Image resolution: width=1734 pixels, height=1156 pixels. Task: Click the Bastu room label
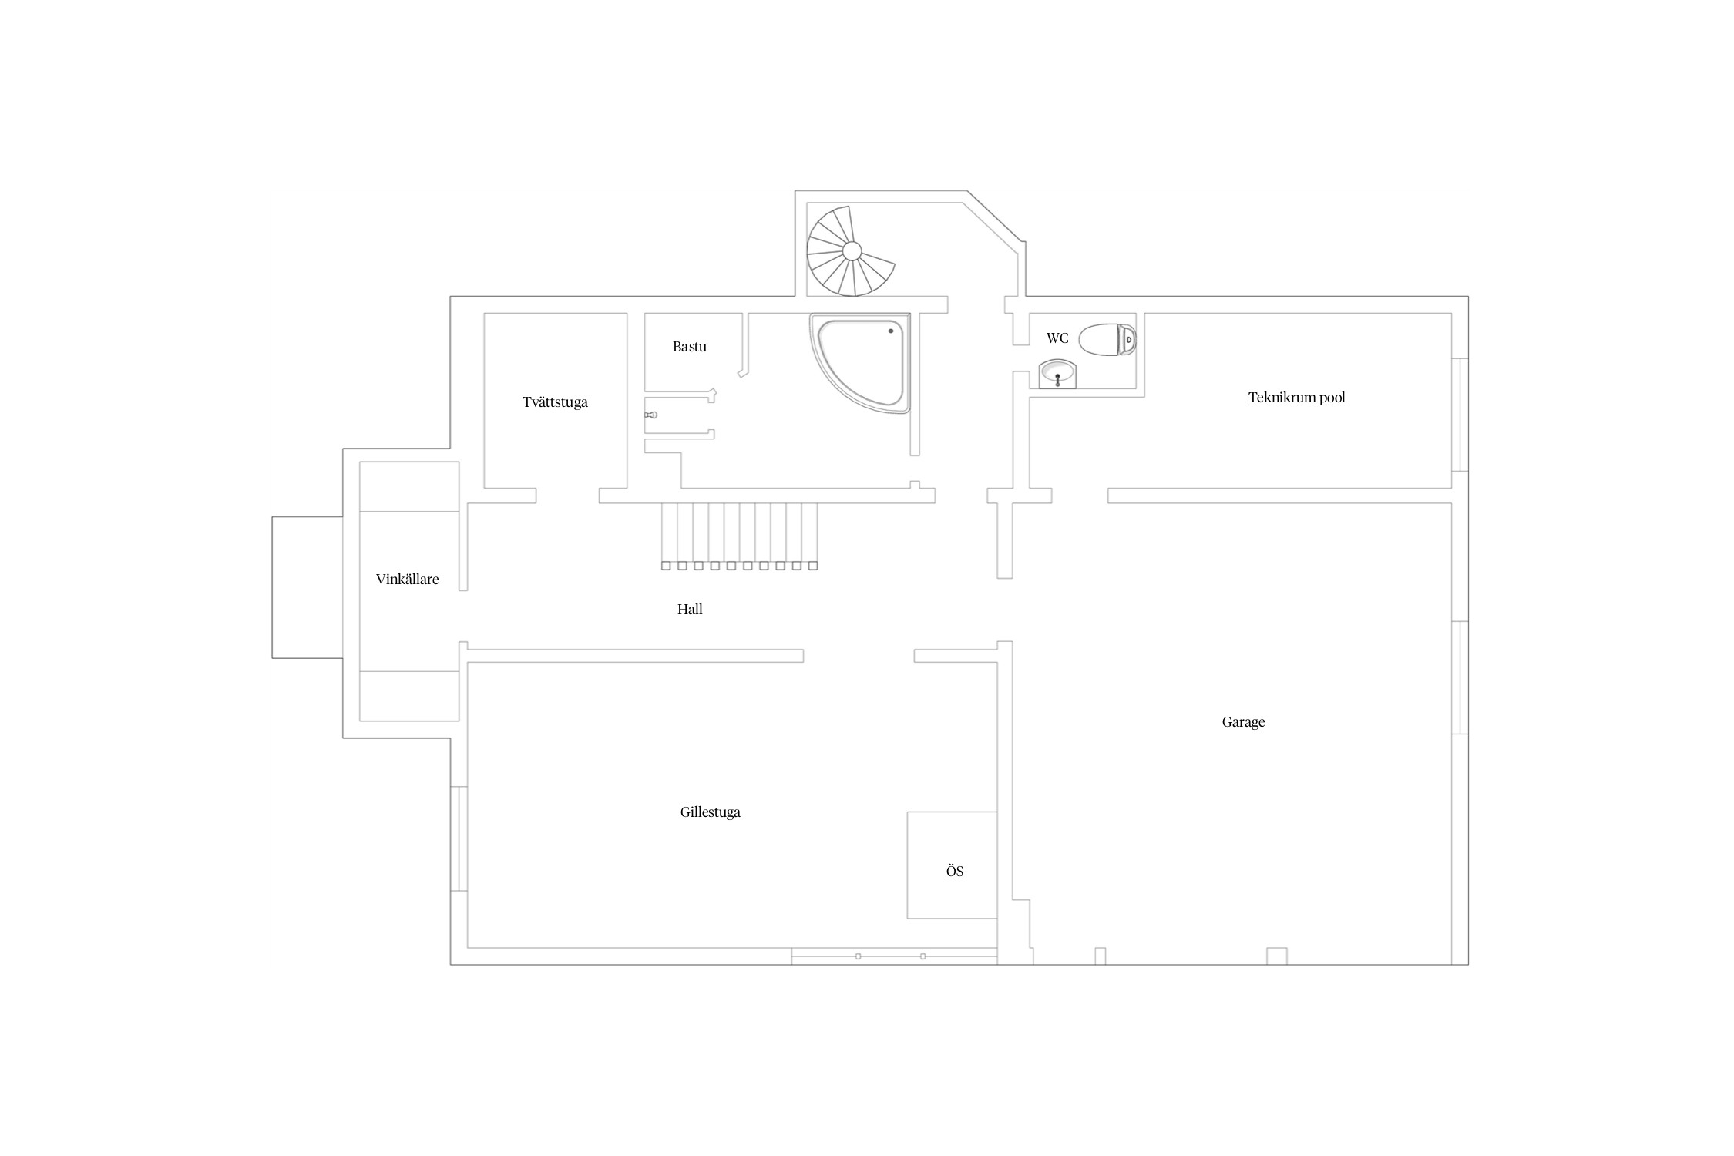[x=689, y=347]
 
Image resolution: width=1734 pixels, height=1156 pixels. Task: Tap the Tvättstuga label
[x=555, y=402]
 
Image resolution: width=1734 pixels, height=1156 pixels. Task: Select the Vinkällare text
[x=407, y=580]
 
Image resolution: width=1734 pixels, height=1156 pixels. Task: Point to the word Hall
[x=690, y=610]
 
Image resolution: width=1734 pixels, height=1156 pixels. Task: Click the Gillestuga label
[x=710, y=812]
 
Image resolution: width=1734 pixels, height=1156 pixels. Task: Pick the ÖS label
[x=954, y=871]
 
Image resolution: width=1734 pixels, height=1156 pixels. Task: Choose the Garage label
[x=1243, y=722]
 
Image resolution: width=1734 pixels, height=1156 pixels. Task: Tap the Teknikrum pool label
[x=1296, y=398]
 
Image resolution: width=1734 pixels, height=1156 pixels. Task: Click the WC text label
[x=1057, y=338]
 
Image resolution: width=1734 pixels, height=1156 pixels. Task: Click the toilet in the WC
[x=1107, y=340]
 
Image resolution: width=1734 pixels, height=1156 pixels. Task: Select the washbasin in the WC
[x=1057, y=375]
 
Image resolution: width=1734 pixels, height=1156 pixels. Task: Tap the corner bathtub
[x=859, y=362]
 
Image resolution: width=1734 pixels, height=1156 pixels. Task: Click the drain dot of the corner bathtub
[x=891, y=331]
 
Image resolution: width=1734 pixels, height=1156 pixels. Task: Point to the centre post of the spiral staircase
[x=852, y=251]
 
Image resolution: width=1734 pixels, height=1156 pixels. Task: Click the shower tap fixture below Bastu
[x=651, y=415]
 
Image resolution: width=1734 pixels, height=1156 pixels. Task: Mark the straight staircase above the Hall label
[x=739, y=536]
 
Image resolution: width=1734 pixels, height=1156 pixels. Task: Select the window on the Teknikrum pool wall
[x=1460, y=415]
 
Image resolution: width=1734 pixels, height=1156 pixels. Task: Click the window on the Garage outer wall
[x=1460, y=678]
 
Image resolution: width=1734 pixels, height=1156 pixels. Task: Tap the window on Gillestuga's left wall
[x=459, y=838]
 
